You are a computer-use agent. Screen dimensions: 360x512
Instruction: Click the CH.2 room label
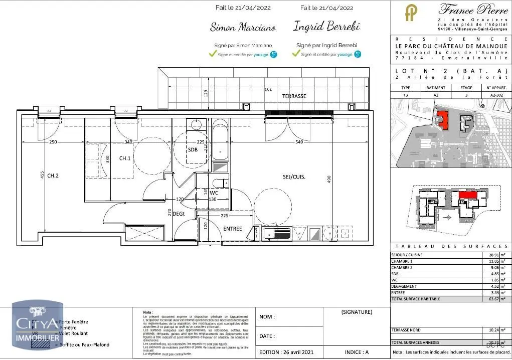pyautogui.click(x=54, y=176)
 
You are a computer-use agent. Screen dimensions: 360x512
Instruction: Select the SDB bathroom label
pyautogui.click(x=193, y=150)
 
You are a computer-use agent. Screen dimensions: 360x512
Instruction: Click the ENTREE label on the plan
pyautogui.click(x=233, y=229)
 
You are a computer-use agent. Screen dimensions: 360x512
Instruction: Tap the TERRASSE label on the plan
pyautogui.click(x=294, y=96)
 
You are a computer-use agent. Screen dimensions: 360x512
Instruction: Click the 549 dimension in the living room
pyautogui.click(x=299, y=142)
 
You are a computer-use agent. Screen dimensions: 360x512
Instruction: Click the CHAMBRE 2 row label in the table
pyautogui.click(x=402, y=268)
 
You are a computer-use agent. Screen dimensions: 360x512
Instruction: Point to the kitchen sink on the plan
pyautogui.click(x=276, y=233)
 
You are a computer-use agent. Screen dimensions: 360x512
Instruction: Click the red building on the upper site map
pyautogui.click(x=443, y=119)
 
